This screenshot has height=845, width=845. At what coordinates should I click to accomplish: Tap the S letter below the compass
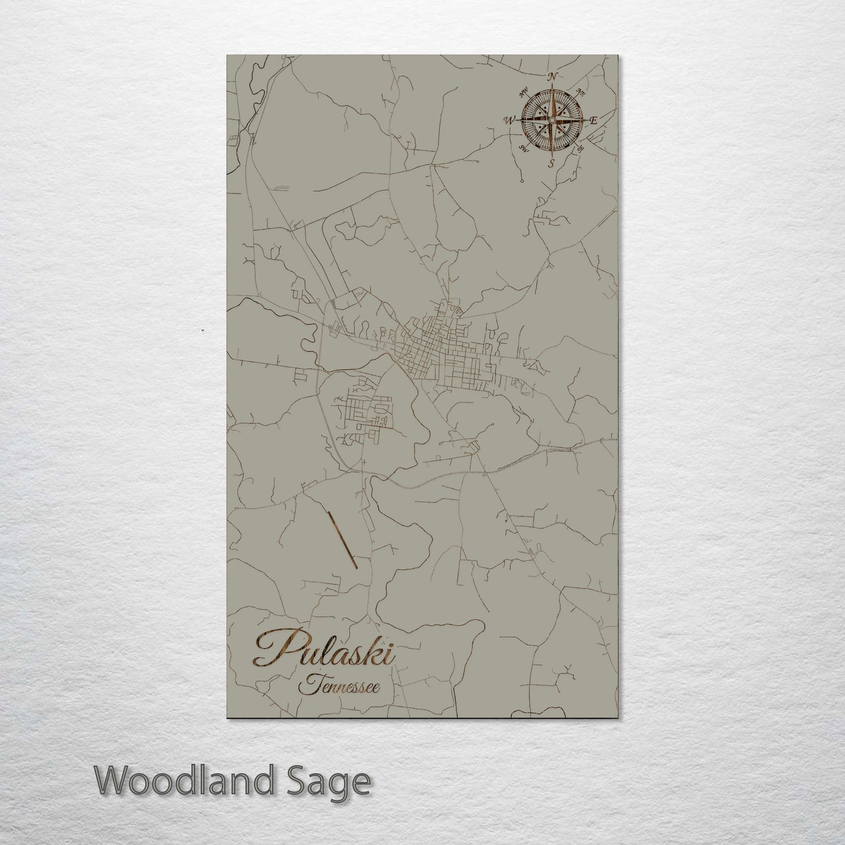(x=551, y=164)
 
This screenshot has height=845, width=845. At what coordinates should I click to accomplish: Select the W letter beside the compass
(x=509, y=120)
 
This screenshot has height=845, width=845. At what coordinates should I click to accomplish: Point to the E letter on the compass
(x=593, y=120)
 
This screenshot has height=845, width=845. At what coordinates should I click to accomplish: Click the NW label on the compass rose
(x=524, y=91)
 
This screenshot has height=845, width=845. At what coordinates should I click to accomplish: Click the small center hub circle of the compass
(x=551, y=120)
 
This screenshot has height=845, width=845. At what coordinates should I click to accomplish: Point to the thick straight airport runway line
(x=343, y=540)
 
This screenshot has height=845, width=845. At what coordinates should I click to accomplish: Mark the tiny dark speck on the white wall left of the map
(x=202, y=331)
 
